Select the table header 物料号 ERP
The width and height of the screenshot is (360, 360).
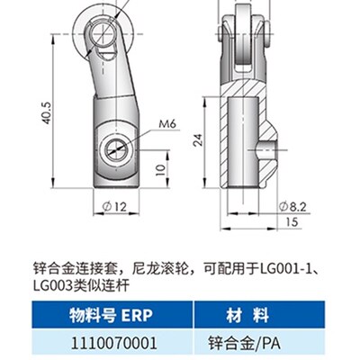tap(106, 316)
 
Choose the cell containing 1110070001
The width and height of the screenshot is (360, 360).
tap(106, 341)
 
